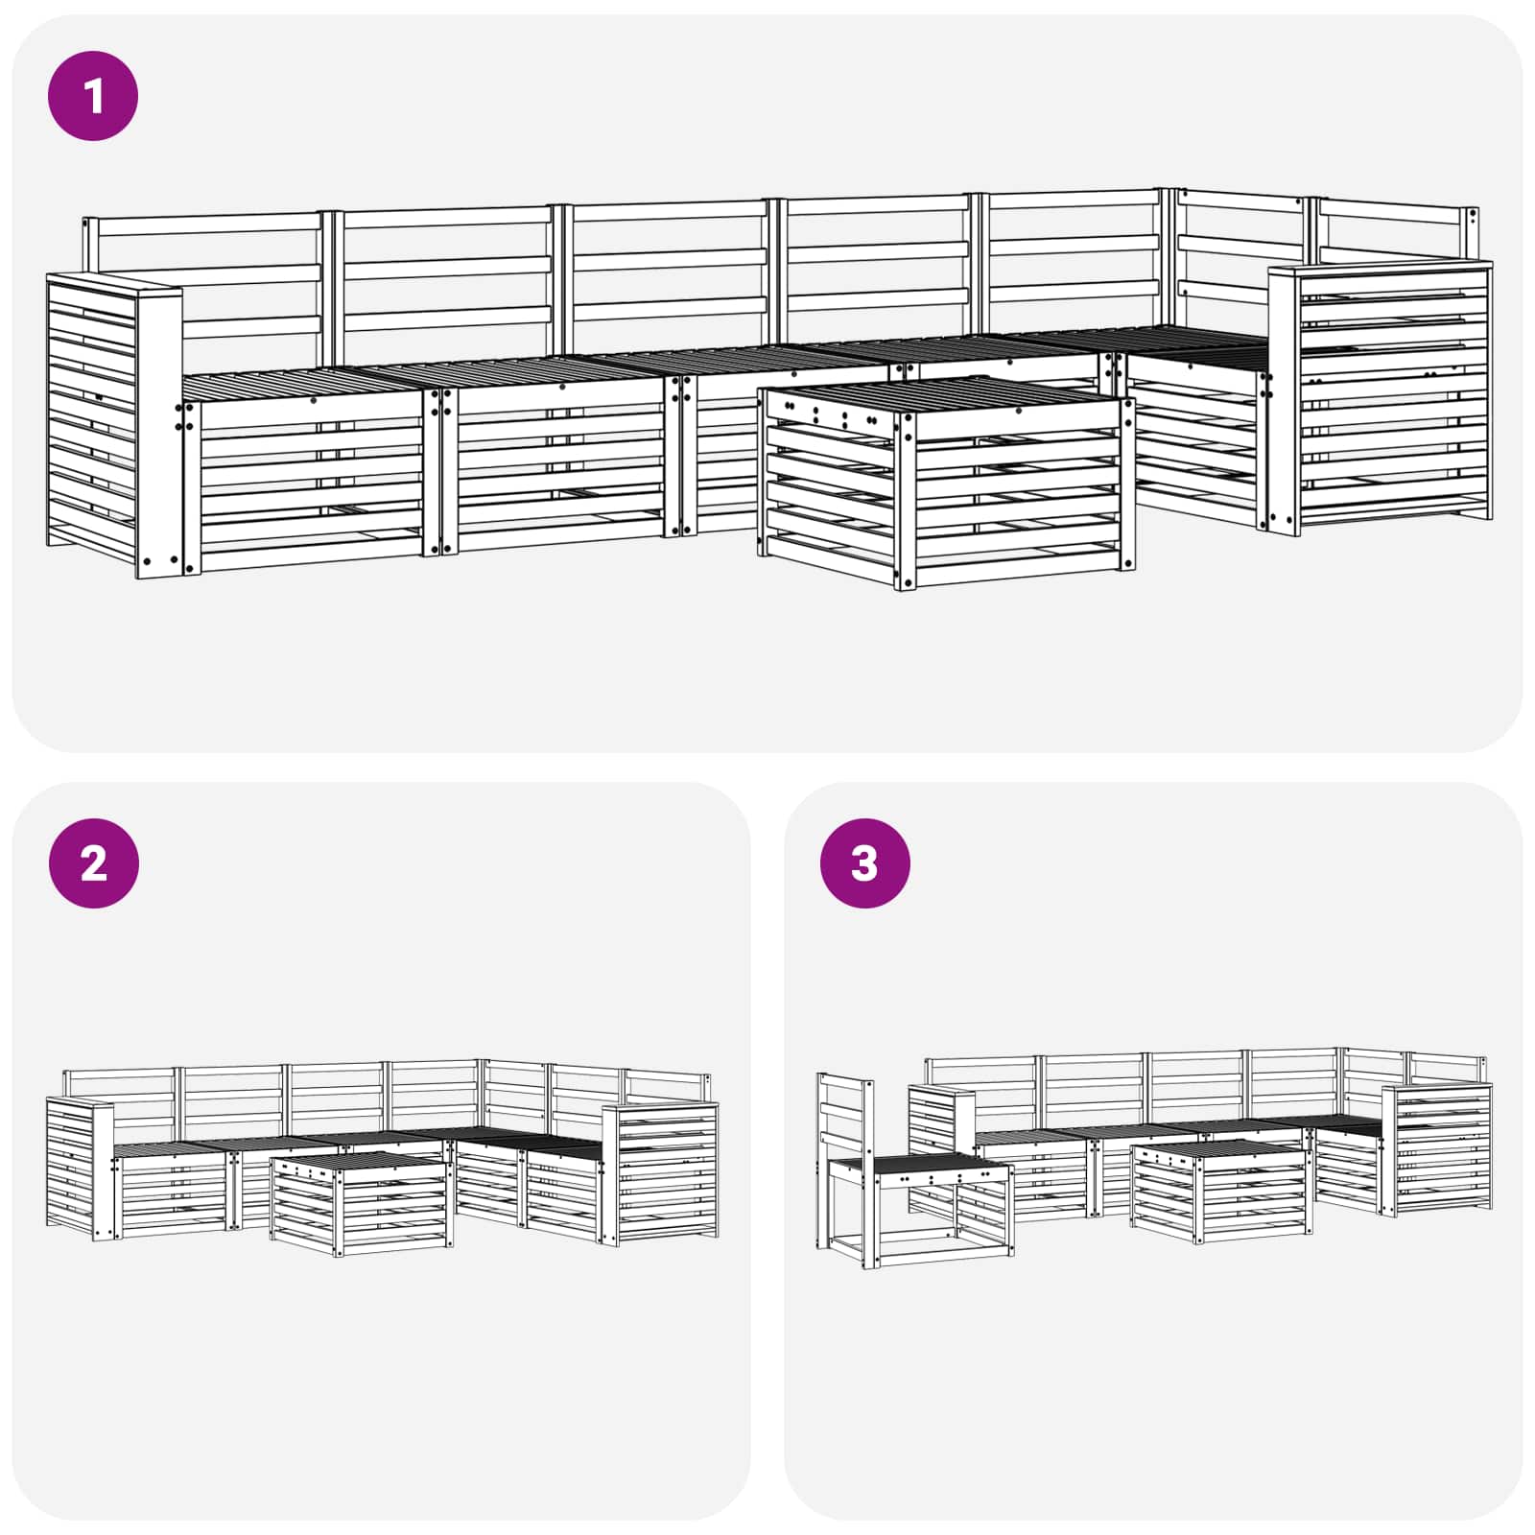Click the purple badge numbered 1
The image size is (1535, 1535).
click(93, 96)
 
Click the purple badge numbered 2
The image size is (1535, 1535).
click(93, 863)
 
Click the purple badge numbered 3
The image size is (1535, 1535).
click(864, 863)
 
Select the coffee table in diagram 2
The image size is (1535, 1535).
click(361, 1204)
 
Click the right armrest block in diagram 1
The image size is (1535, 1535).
click(1381, 398)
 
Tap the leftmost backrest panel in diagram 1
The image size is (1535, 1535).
click(206, 278)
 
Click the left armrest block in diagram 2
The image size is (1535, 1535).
click(79, 1166)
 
